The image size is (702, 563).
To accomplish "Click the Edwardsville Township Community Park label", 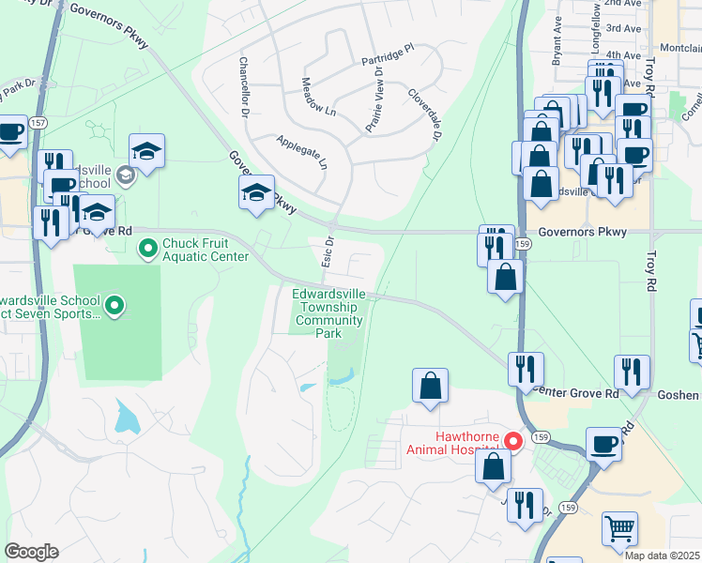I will pos(328,312).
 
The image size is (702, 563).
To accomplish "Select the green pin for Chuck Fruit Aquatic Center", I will pos(147,249).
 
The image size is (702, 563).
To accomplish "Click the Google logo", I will pos(31,552).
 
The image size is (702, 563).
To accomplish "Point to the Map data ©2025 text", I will pos(663,555).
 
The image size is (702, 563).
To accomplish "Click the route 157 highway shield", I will pos(40,96).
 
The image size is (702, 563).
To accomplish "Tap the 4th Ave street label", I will pos(621,55).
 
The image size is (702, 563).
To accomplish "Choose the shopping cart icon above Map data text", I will pos(619,527).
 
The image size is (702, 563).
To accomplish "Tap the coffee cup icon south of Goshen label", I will pos(603,443).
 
